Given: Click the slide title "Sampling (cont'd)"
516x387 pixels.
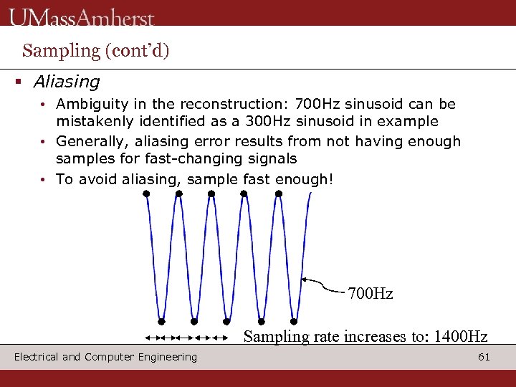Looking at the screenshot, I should tap(95, 50).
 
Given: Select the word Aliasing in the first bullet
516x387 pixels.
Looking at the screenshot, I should tap(67, 82).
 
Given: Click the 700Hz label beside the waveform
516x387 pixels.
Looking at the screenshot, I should tap(370, 294).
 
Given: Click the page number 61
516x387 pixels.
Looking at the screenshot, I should tap(484, 357).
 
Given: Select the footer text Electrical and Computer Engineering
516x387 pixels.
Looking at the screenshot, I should tap(105, 357).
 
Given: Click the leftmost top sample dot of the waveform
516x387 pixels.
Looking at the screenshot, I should tap(146, 193).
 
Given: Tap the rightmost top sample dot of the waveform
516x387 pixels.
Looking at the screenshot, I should tap(278, 193).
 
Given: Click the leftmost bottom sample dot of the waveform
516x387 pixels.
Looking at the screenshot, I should tap(162, 321).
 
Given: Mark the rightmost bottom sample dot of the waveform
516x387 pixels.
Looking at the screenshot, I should tap(295, 321).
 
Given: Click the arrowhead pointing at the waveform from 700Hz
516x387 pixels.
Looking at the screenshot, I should tap(305, 279).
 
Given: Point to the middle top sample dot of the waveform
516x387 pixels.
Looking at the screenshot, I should tap(211, 193).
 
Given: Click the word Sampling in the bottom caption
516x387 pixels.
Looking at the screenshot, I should tap(269, 336).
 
